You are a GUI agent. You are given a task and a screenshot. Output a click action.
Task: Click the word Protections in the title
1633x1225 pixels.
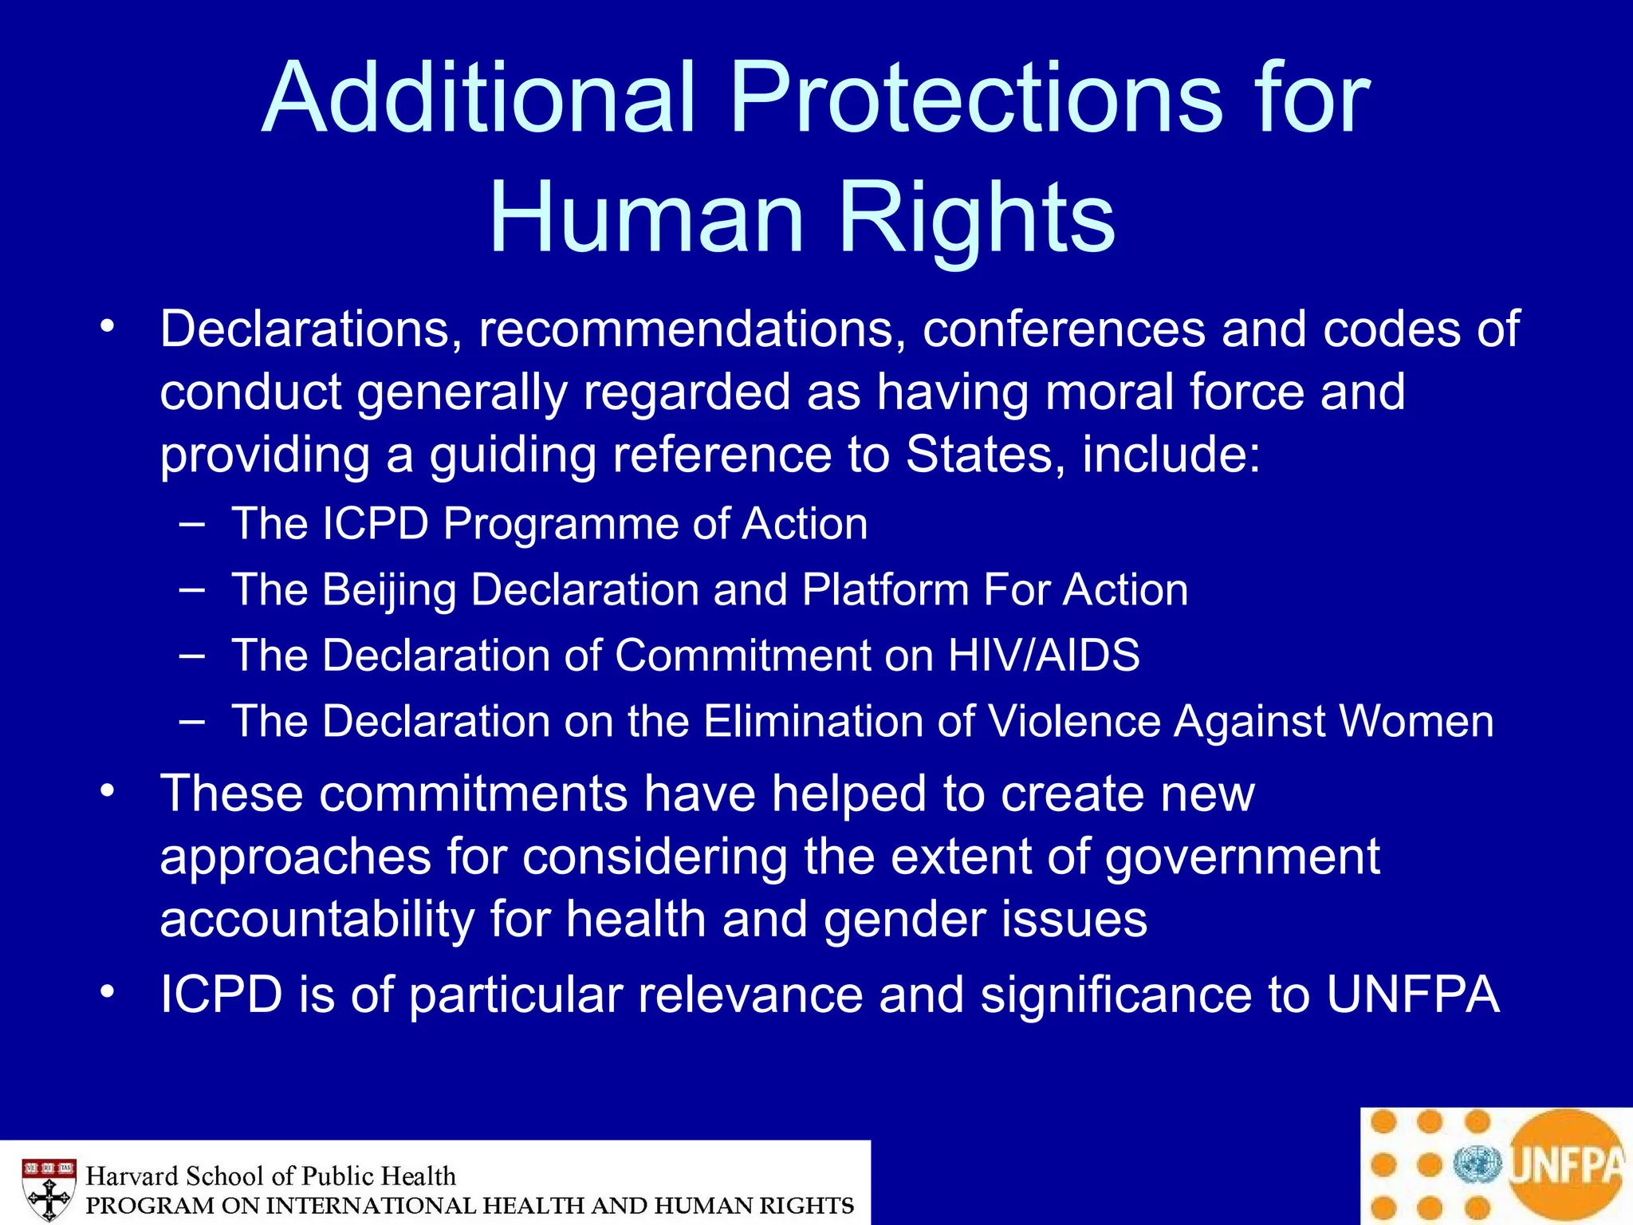point(975,100)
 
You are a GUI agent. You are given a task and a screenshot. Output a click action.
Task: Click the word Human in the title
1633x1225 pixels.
point(646,218)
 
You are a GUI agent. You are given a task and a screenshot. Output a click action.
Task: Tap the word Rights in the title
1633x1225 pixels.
point(977,218)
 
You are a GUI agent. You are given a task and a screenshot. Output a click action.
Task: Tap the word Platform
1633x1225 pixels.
point(885,591)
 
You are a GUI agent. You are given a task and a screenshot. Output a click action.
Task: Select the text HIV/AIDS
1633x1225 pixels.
point(1044,656)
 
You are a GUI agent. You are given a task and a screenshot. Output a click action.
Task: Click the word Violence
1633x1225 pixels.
point(1074,722)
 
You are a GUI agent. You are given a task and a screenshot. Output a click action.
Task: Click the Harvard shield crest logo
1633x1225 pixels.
point(49,1188)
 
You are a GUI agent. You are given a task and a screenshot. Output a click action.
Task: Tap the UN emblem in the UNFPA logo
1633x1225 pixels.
point(1477,1165)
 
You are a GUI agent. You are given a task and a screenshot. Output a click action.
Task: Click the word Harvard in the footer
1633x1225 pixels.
point(131,1176)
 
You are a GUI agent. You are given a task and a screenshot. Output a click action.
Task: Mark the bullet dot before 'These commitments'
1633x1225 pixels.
point(108,792)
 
